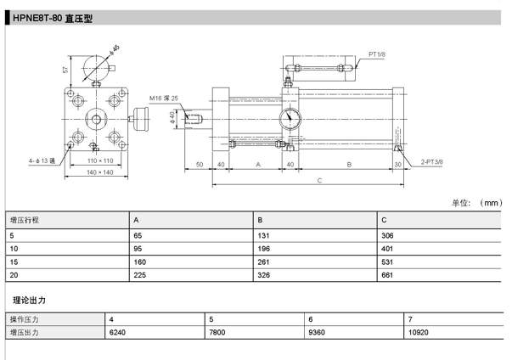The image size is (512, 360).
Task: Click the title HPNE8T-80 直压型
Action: click(53, 19)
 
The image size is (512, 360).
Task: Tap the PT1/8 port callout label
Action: click(377, 54)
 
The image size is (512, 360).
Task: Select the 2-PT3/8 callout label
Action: click(431, 161)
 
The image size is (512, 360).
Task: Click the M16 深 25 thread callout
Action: click(164, 98)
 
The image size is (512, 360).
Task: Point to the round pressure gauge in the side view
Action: click(290, 119)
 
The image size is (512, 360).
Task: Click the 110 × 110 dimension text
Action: click(100, 160)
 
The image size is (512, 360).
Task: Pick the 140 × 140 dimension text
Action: click(100, 172)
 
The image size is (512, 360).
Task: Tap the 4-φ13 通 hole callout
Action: click(42, 161)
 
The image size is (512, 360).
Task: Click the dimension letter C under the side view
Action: click(319, 181)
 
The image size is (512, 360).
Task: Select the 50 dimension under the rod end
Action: click(200, 165)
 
